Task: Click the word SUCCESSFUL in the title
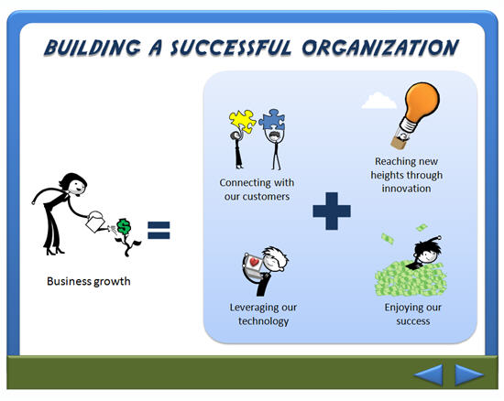[231, 48]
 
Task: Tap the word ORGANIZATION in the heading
[380, 48]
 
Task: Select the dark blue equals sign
[159, 230]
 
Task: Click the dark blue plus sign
[332, 211]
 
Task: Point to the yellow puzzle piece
[242, 122]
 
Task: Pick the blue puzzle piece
[272, 119]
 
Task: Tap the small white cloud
[378, 100]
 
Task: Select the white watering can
[95, 222]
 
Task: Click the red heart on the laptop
[254, 262]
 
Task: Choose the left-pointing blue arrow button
[429, 374]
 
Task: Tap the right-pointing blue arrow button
[469, 374]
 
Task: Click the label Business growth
[89, 281]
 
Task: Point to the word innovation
[406, 189]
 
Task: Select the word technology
[263, 321]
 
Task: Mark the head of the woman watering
[73, 184]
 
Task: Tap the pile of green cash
[411, 278]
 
